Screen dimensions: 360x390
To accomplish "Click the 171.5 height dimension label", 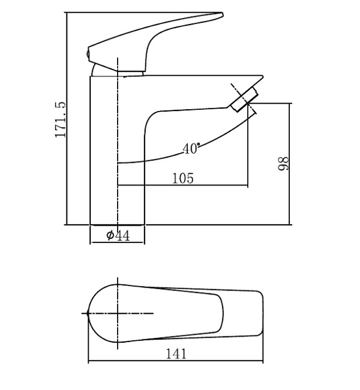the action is (61, 119).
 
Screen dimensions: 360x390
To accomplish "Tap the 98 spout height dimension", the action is (283, 164).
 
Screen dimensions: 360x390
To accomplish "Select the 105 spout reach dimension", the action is (183, 178).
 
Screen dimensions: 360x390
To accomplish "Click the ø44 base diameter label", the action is (118, 235).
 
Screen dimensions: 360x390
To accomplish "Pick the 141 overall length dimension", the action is (176, 353).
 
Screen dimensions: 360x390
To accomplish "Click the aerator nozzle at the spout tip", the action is (244, 99).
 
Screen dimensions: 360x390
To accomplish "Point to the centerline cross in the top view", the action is (118, 313).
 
